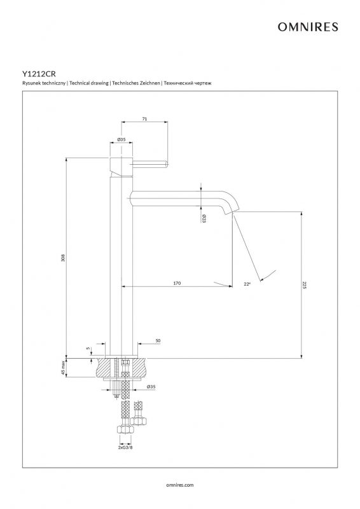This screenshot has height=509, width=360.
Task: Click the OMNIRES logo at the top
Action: (x=308, y=27)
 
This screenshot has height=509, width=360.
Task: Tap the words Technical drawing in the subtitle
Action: (x=89, y=83)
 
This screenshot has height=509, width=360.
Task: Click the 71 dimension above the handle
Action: (x=144, y=119)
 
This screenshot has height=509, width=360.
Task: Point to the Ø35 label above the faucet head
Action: (x=121, y=139)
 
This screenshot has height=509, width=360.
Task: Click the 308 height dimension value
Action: (x=64, y=258)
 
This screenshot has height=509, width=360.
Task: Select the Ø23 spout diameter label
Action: (x=204, y=218)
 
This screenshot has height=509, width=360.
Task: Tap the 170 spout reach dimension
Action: (x=177, y=283)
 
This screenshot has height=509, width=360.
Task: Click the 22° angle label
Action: (x=247, y=284)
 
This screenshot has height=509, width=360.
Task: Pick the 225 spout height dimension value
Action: (x=305, y=285)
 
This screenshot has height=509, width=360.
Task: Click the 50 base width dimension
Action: (x=158, y=341)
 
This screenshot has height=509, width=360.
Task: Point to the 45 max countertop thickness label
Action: (x=64, y=368)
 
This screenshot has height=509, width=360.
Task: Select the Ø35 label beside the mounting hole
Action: (x=151, y=387)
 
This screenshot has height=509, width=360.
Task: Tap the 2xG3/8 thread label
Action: (x=125, y=447)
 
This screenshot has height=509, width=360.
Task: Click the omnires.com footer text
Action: (x=180, y=485)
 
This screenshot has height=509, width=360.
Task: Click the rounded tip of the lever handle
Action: (x=167, y=164)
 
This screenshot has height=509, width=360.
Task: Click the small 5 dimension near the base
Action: (x=88, y=348)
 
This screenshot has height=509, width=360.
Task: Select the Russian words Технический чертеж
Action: (x=188, y=83)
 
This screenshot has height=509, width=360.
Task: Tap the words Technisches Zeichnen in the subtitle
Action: (x=136, y=83)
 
